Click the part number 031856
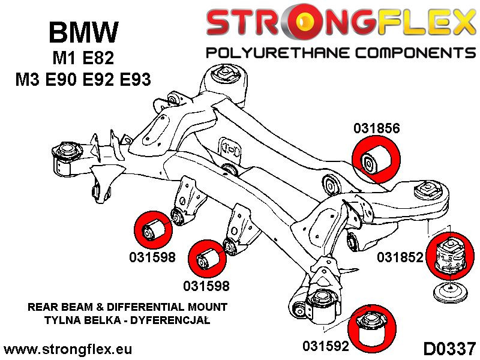(376, 128)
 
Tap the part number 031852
(400, 258)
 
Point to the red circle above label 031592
(367, 329)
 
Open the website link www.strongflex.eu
(68, 349)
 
